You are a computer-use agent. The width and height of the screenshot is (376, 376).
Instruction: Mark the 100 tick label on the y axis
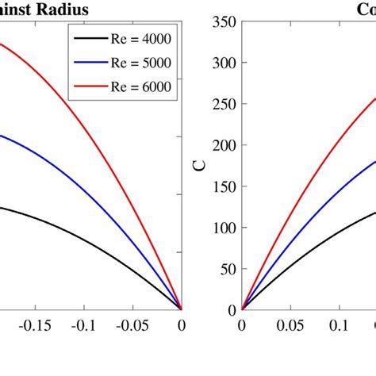pyautogui.click(x=222, y=228)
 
